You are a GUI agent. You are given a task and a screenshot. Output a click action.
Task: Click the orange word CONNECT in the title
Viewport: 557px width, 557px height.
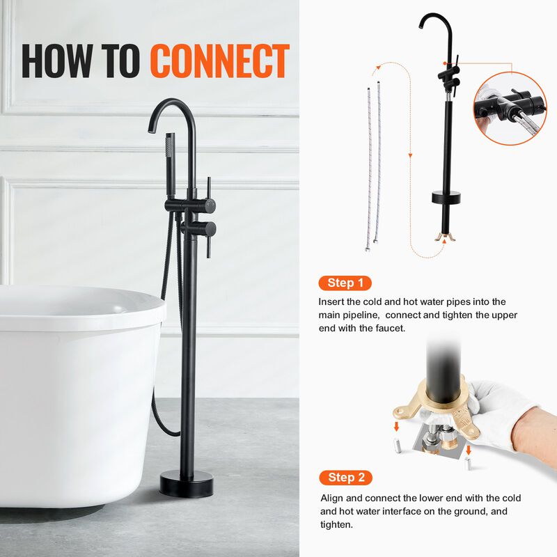coord(220,61)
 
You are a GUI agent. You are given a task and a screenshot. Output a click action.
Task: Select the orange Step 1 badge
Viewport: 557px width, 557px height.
coord(345,283)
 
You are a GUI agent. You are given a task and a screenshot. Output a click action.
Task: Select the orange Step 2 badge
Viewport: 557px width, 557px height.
coord(346,477)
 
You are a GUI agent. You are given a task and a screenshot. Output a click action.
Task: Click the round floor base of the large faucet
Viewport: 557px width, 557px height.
coord(186,483)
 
